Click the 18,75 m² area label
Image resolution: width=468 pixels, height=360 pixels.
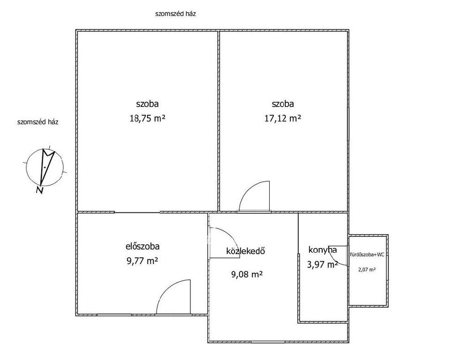coord(147,119)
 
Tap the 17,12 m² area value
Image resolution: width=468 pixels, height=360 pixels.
coord(283,119)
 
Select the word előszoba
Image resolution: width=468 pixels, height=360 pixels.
coord(143,247)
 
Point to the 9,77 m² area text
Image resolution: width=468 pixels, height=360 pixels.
coord(143,261)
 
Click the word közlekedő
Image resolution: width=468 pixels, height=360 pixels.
coord(246,251)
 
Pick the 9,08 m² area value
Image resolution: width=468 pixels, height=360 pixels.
coord(247,274)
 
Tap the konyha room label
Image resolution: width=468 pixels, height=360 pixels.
coord(323,250)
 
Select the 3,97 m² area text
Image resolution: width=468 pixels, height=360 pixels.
coord(322,264)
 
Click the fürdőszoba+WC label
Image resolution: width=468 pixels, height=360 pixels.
coord(367,255)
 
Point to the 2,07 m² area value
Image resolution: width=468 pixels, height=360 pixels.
coord(367,270)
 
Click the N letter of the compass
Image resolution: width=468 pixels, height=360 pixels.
coord(39,190)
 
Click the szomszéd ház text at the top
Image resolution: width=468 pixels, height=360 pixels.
coord(175,14)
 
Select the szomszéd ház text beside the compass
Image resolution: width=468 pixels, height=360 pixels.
coord(38,122)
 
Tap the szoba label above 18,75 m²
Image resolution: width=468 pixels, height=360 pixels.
coord(147,104)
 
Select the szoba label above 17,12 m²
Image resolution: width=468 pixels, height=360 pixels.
coord(283,104)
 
